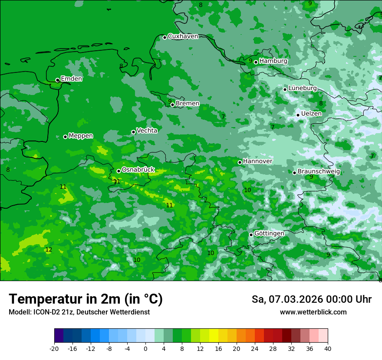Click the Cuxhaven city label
coord(183,36)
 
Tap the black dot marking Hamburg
coord(256,62)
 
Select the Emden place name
coord(71,79)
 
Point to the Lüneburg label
coord(302,88)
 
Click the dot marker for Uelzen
coord(298,115)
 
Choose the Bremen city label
coord(187,104)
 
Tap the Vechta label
coord(147,131)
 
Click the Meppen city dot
coord(66,137)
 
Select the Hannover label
coord(257,161)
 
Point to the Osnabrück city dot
coord(119,171)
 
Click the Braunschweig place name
coord(319,172)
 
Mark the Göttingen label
coord(269,234)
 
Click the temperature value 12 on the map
coord(49,250)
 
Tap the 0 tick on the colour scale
coord(145,349)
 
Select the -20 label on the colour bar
coord(54,349)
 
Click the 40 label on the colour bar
coord(328,349)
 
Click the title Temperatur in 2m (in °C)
coord(86,299)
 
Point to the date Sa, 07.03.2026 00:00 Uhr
coord(311,299)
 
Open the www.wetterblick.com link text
coord(313,312)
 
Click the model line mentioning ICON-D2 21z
coord(79,312)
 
